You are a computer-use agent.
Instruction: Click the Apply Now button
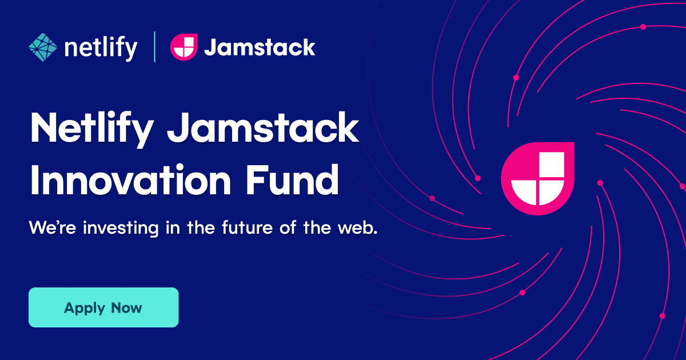click(103, 307)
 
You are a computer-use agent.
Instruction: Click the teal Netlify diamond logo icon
click(43, 47)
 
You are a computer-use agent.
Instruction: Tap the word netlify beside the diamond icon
click(101, 48)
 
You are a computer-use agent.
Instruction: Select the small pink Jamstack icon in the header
click(184, 47)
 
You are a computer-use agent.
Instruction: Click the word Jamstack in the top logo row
click(259, 47)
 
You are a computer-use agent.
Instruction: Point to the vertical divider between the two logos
click(154, 47)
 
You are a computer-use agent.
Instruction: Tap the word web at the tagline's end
click(358, 228)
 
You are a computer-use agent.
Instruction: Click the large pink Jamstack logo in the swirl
click(537, 179)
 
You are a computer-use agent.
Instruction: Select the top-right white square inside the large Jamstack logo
click(552, 165)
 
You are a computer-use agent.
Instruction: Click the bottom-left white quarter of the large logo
click(524, 192)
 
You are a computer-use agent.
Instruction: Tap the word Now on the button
click(126, 307)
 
